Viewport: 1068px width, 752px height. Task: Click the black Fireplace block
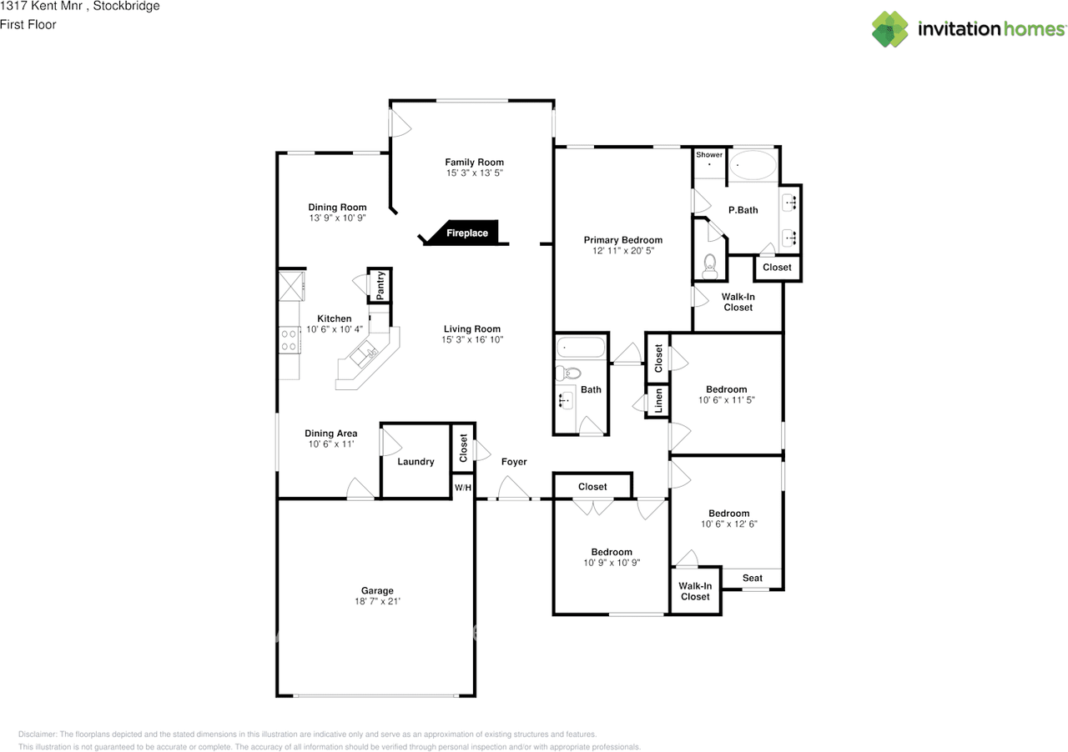click(466, 233)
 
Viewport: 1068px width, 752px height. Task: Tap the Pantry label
click(380, 285)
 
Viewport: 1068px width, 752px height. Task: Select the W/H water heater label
click(462, 487)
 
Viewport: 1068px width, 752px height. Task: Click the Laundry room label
click(416, 461)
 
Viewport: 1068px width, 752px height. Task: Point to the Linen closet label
click(658, 401)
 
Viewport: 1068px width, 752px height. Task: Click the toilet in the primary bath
click(710, 266)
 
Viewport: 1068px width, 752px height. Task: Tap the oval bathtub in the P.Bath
click(753, 165)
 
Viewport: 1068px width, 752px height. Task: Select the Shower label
click(709, 154)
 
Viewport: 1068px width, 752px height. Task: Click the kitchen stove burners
click(289, 340)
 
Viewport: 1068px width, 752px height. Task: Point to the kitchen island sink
click(364, 353)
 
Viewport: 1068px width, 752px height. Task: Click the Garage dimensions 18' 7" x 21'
click(377, 601)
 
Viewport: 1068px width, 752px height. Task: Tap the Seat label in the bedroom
click(753, 578)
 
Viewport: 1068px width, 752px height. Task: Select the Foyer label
click(514, 461)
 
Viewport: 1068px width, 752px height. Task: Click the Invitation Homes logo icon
click(889, 29)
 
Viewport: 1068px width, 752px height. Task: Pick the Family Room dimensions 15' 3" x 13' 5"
click(475, 173)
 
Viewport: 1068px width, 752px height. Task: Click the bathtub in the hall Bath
click(582, 347)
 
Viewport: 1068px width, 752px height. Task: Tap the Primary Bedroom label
click(623, 240)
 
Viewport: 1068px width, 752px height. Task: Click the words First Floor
click(28, 24)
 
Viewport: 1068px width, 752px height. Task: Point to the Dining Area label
click(331, 434)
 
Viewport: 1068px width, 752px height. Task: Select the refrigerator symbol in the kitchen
click(291, 286)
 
